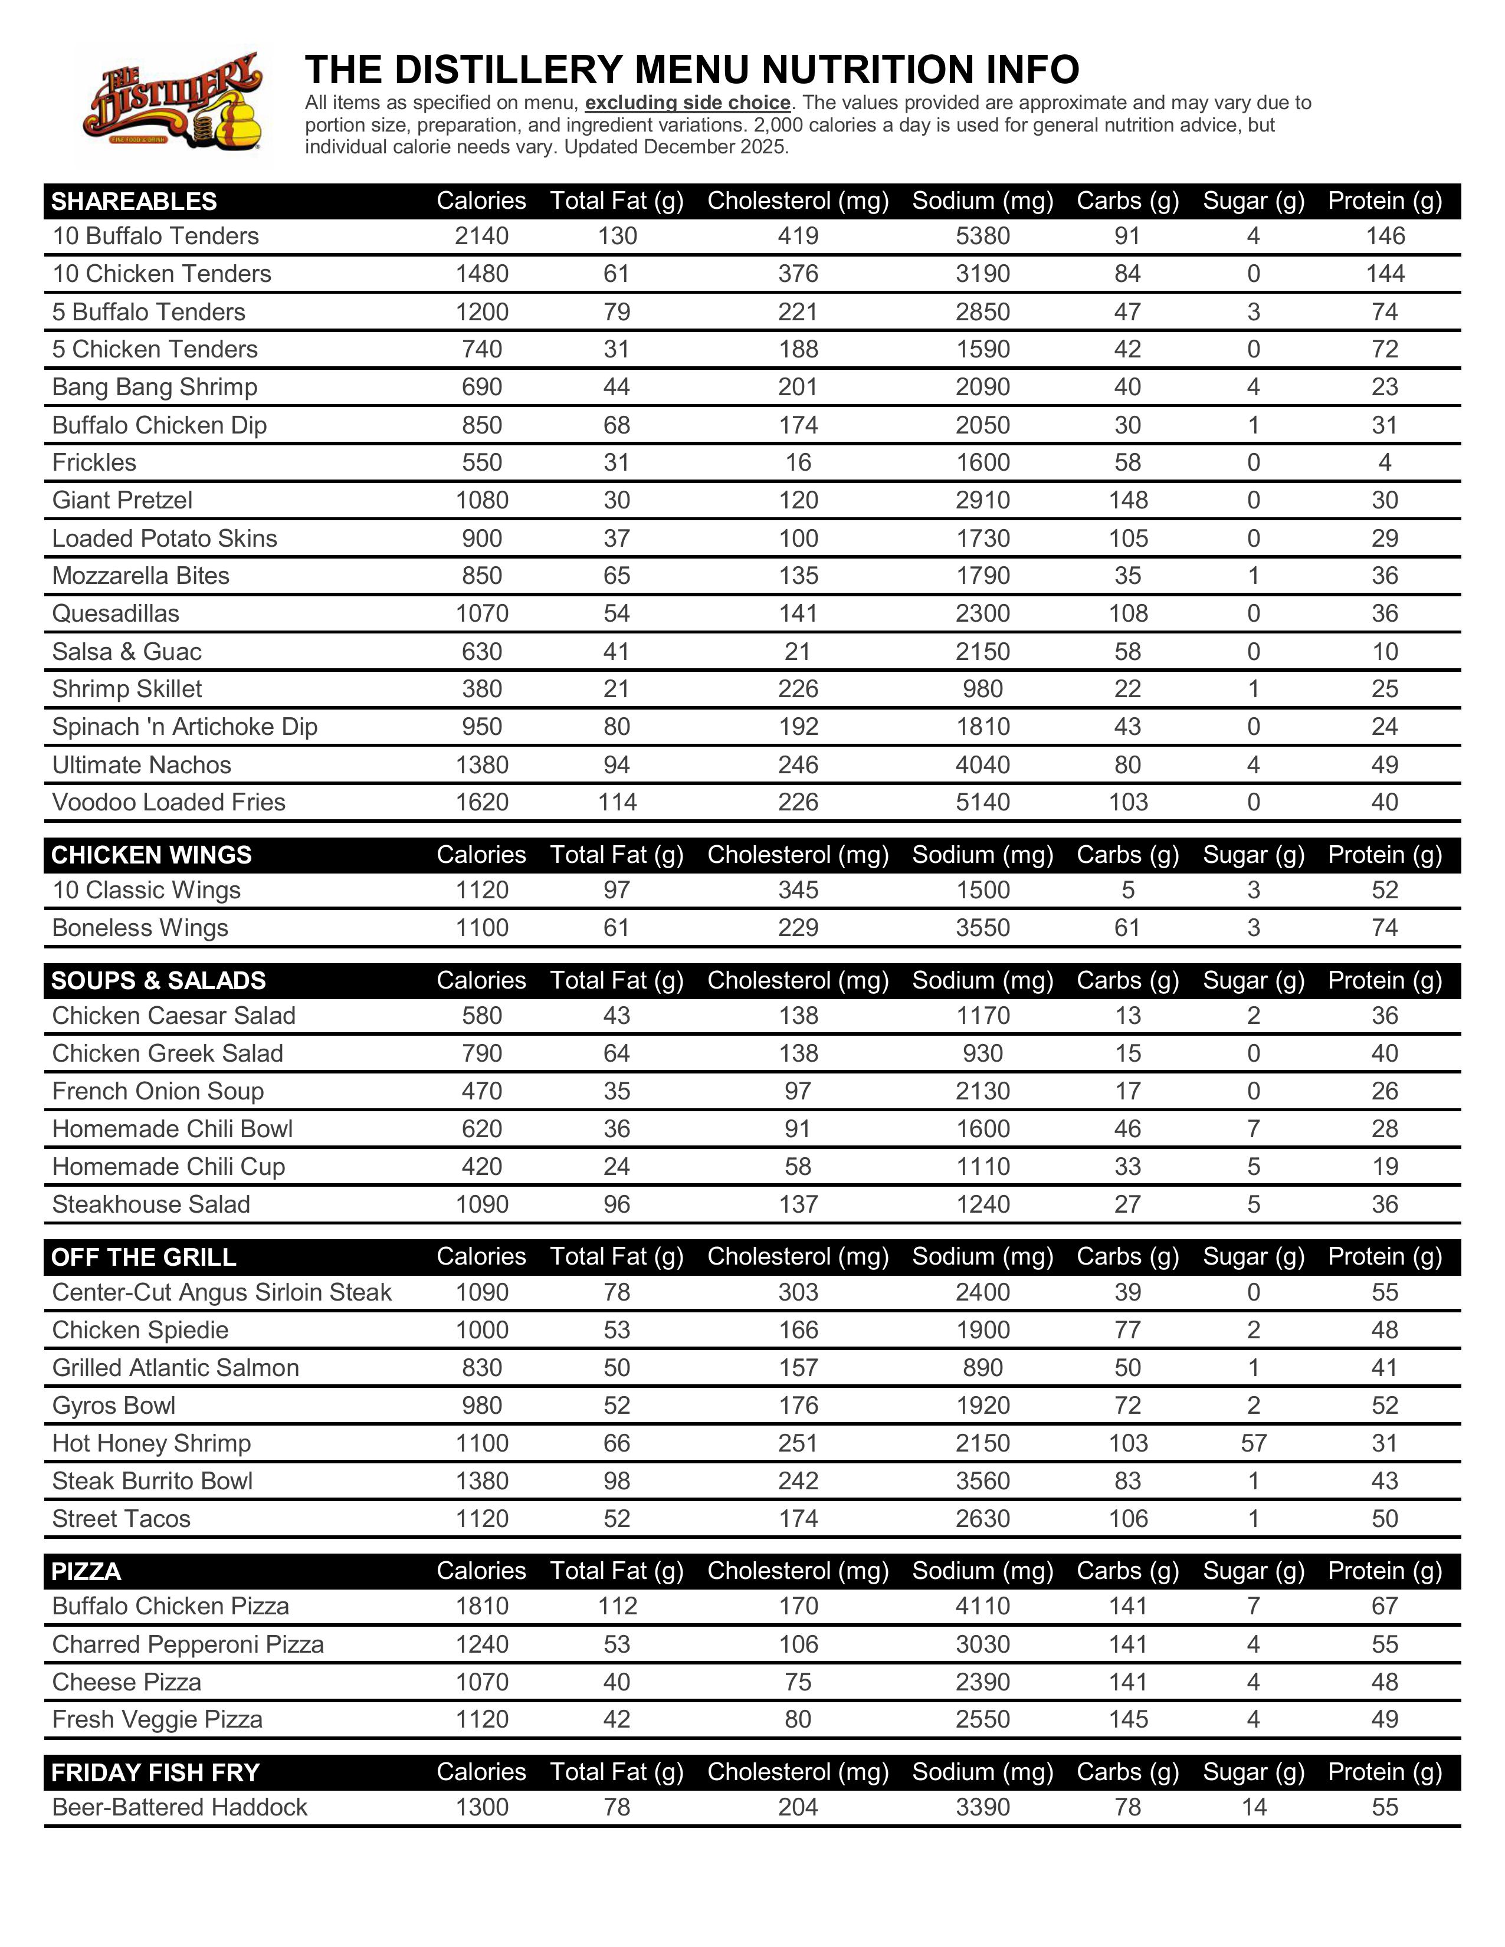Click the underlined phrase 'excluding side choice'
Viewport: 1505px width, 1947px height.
(687, 103)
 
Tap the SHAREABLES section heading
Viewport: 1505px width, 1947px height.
(134, 202)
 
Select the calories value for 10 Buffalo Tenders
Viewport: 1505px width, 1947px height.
(481, 237)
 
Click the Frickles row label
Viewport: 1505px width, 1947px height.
(94, 462)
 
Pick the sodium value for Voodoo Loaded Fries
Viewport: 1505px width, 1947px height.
(982, 802)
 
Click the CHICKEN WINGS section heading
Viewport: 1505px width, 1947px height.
(152, 855)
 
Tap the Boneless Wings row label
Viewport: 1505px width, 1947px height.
(140, 928)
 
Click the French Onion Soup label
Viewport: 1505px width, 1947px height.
(158, 1091)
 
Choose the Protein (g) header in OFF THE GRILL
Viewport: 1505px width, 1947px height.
(1385, 1257)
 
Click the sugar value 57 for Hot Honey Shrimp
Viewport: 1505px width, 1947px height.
(1252, 1443)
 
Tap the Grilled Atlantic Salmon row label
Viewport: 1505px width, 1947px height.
(176, 1368)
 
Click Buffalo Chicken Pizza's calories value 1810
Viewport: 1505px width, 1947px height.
(481, 1607)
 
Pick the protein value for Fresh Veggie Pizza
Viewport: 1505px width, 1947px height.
(1385, 1720)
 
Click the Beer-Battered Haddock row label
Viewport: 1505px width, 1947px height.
(179, 1807)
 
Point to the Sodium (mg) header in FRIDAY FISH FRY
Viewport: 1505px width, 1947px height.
(982, 1772)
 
